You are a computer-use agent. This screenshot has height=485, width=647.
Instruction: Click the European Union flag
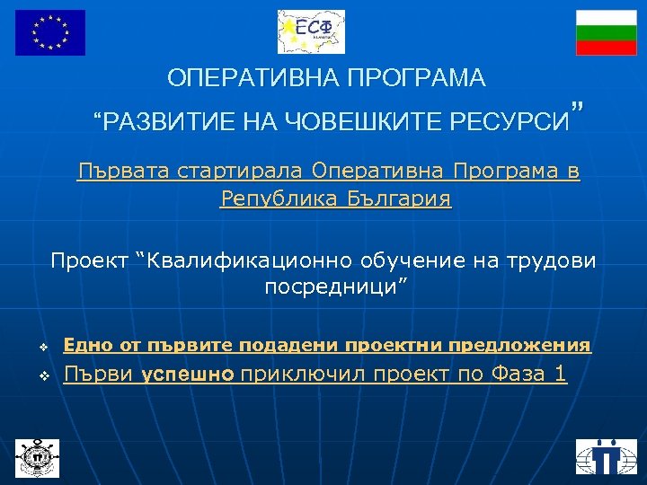50,32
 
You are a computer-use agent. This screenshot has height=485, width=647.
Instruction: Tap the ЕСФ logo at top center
311,31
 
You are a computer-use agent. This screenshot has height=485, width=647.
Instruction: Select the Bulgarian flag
606,32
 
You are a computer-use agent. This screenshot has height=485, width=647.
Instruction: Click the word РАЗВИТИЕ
154,119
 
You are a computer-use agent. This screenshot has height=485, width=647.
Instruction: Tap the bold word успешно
190,375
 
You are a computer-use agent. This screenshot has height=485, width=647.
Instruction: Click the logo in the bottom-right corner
607,456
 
